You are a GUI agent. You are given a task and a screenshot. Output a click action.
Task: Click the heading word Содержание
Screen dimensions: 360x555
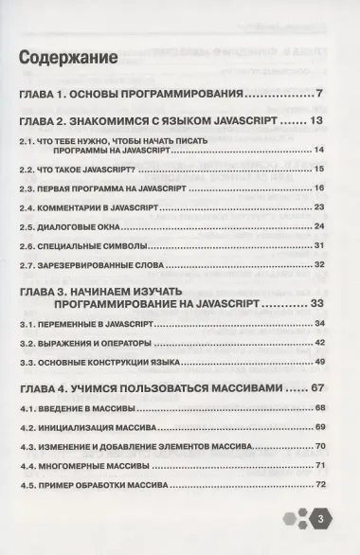67,56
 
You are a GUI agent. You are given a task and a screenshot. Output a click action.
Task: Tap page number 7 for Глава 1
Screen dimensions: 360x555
321,94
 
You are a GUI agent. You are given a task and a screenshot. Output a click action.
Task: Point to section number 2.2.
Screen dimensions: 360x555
27,169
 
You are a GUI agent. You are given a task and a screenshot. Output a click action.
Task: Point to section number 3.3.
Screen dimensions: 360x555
27,362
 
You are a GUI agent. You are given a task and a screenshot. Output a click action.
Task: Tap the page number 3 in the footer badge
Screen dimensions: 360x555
320,519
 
